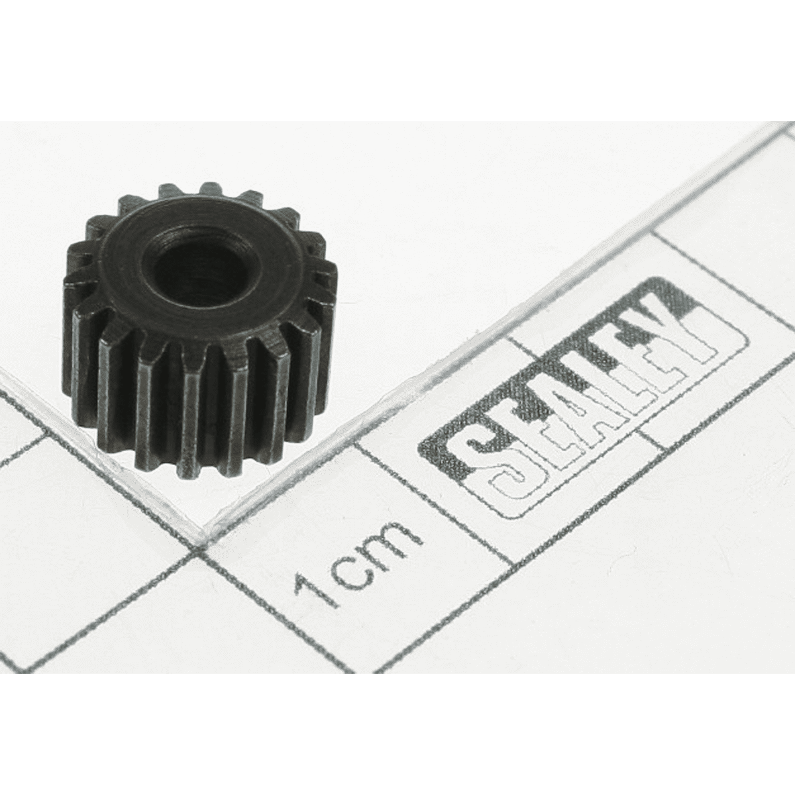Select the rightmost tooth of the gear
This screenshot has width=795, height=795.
(326, 289)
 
